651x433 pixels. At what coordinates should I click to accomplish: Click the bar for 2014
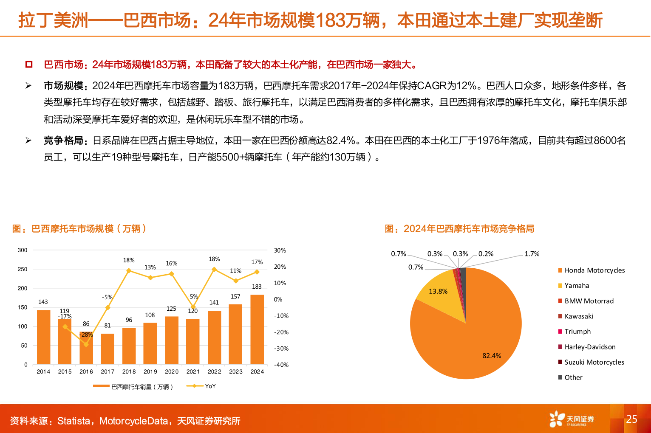point(43,337)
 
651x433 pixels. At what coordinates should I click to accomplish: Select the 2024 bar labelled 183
point(257,329)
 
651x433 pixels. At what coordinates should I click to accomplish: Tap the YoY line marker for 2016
point(86,344)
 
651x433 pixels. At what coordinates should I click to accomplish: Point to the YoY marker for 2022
point(214,269)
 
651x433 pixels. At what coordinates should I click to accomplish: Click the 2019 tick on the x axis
point(150,371)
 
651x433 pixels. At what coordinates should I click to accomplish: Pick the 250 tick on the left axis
point(23,269)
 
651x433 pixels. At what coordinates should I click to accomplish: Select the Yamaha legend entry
point(577,286)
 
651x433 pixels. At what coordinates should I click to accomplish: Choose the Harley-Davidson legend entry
point(590,347)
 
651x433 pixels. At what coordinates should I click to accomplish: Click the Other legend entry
point(573,377)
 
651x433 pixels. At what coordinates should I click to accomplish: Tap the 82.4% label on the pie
point(492,356)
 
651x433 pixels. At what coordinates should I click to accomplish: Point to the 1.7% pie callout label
point(532,254)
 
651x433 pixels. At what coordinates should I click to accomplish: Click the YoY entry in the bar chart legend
point(210,386)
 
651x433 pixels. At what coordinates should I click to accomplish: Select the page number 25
point(631,419)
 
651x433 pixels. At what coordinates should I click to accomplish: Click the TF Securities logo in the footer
point(572,419)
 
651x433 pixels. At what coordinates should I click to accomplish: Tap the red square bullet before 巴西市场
point(29,65)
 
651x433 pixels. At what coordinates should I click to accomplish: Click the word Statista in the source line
point(74,421)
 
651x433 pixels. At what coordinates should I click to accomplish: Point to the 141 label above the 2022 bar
point(214,303)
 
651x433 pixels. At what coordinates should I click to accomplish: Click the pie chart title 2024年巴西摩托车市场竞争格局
point(469,229)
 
